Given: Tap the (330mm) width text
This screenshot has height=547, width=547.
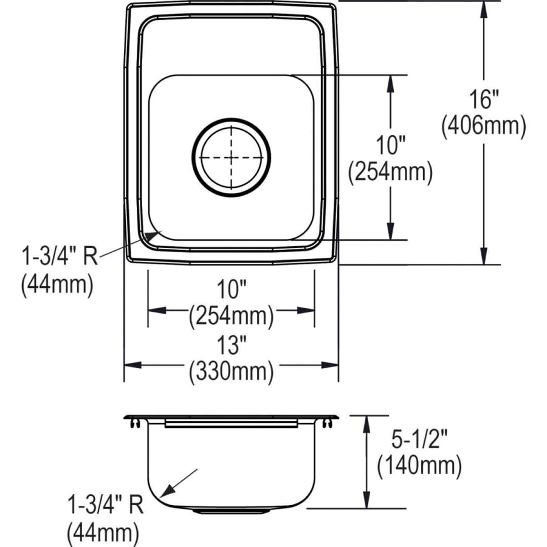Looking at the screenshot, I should point(231,370).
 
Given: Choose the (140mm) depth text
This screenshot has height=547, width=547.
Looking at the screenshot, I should point(419,466).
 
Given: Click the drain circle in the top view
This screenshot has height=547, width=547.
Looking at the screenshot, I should point(231,157).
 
